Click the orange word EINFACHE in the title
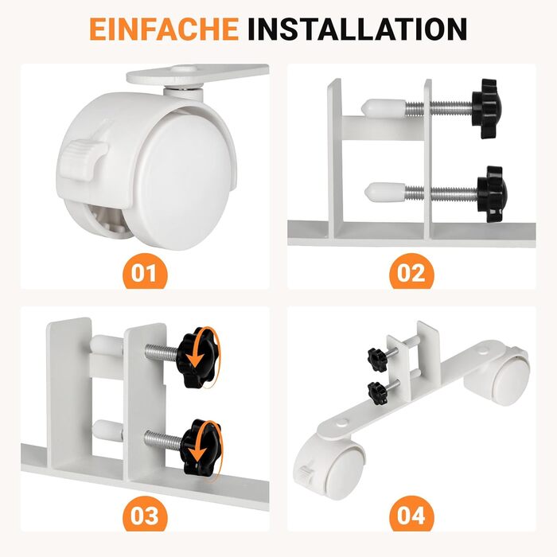[164, 29]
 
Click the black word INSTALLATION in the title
[357, 29]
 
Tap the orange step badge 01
[145, 272]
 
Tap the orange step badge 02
[411, 272]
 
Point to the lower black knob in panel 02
[492, 194]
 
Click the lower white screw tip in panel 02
[385, 192]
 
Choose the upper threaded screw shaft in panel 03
[162, 352]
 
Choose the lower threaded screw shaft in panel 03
[163, 440]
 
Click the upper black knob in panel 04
[378, 360]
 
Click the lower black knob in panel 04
[377, 393]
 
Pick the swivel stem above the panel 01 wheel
[183, 93]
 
